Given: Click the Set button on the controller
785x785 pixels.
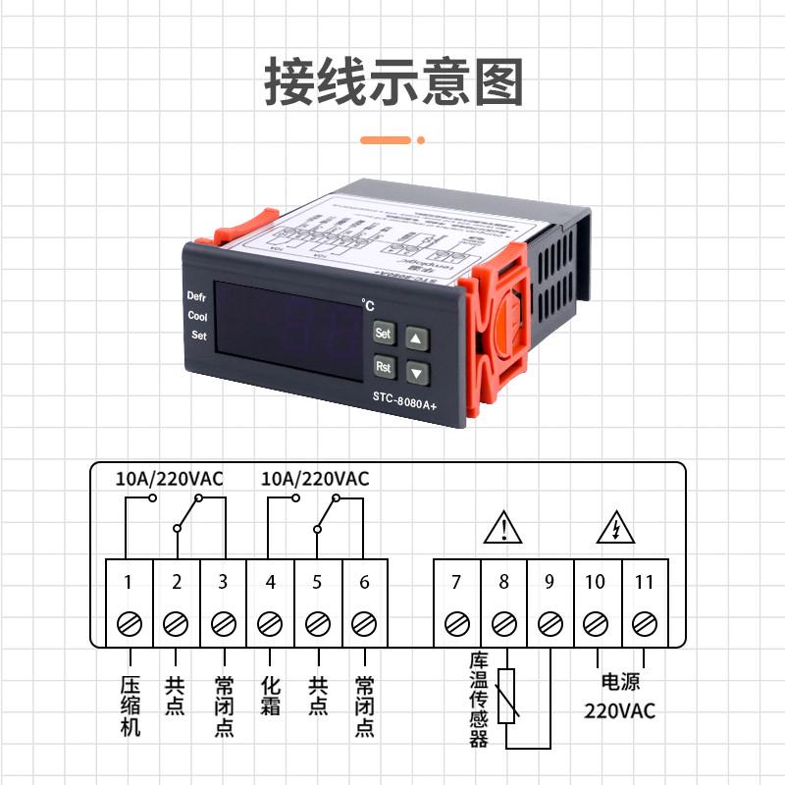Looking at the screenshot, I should click(383, 334).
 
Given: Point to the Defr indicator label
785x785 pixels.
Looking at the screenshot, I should click(196, 296).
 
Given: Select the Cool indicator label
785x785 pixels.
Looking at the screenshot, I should click(197, 316).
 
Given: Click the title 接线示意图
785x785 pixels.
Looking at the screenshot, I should click(392, 82).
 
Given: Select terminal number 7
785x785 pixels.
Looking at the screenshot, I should click(456, 582).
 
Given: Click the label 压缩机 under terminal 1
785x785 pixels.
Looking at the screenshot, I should click(130, 705).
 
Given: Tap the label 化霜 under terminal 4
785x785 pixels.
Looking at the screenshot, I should click(271, 694).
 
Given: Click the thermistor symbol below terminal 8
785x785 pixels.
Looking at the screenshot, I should click(506, 695).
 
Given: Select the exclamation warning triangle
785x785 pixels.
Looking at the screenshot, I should click(503, 528).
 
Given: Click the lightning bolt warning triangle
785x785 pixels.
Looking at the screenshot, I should click(615, 528).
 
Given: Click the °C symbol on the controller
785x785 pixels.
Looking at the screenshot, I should click(368, 305).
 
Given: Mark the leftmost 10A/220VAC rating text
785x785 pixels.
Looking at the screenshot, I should click(169, 479).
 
